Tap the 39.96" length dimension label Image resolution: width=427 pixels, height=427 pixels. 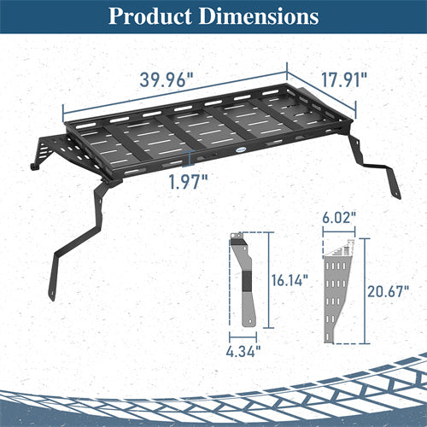[167, 79]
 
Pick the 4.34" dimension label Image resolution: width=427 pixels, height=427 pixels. [245, 348]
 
